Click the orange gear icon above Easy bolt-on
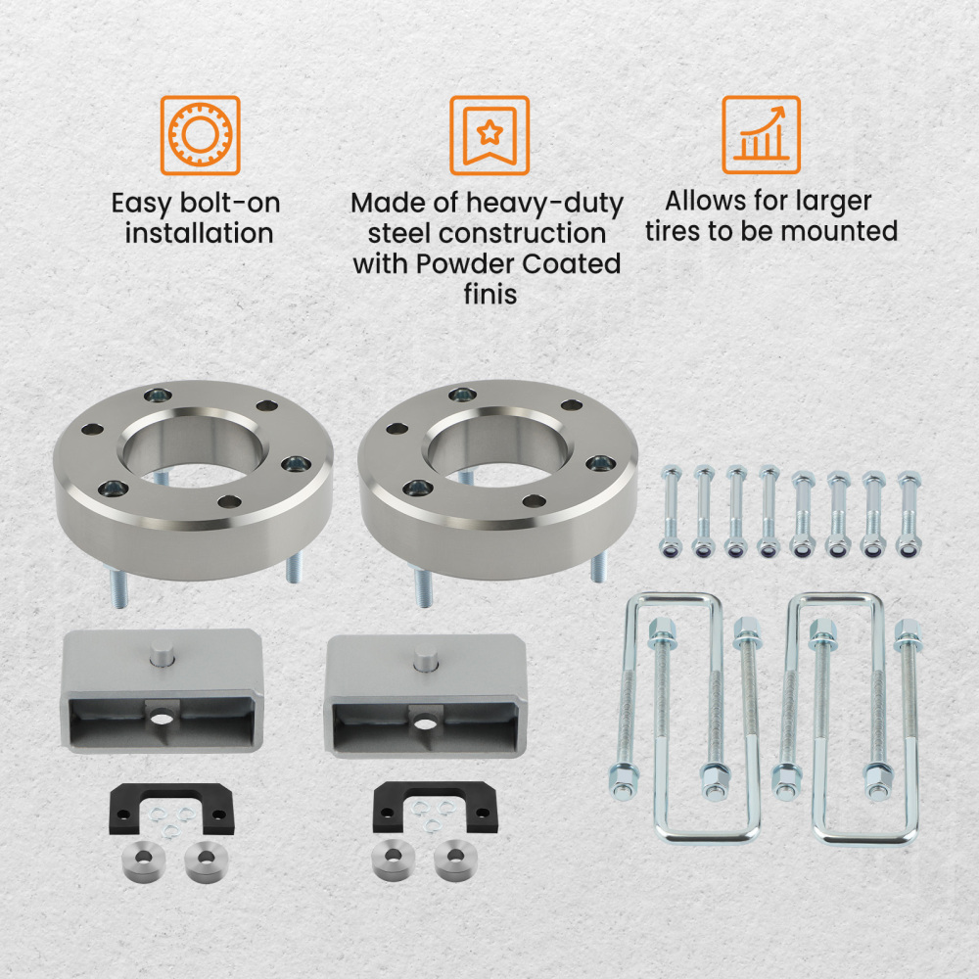[x=200, y=135]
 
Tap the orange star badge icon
[x=489, y=135]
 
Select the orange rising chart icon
[x=761, y=135]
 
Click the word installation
[x=199, y=234]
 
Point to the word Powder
[x=456, y=264]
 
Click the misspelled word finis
[x=489, y=294]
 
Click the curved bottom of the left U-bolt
[x=705, y=832]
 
